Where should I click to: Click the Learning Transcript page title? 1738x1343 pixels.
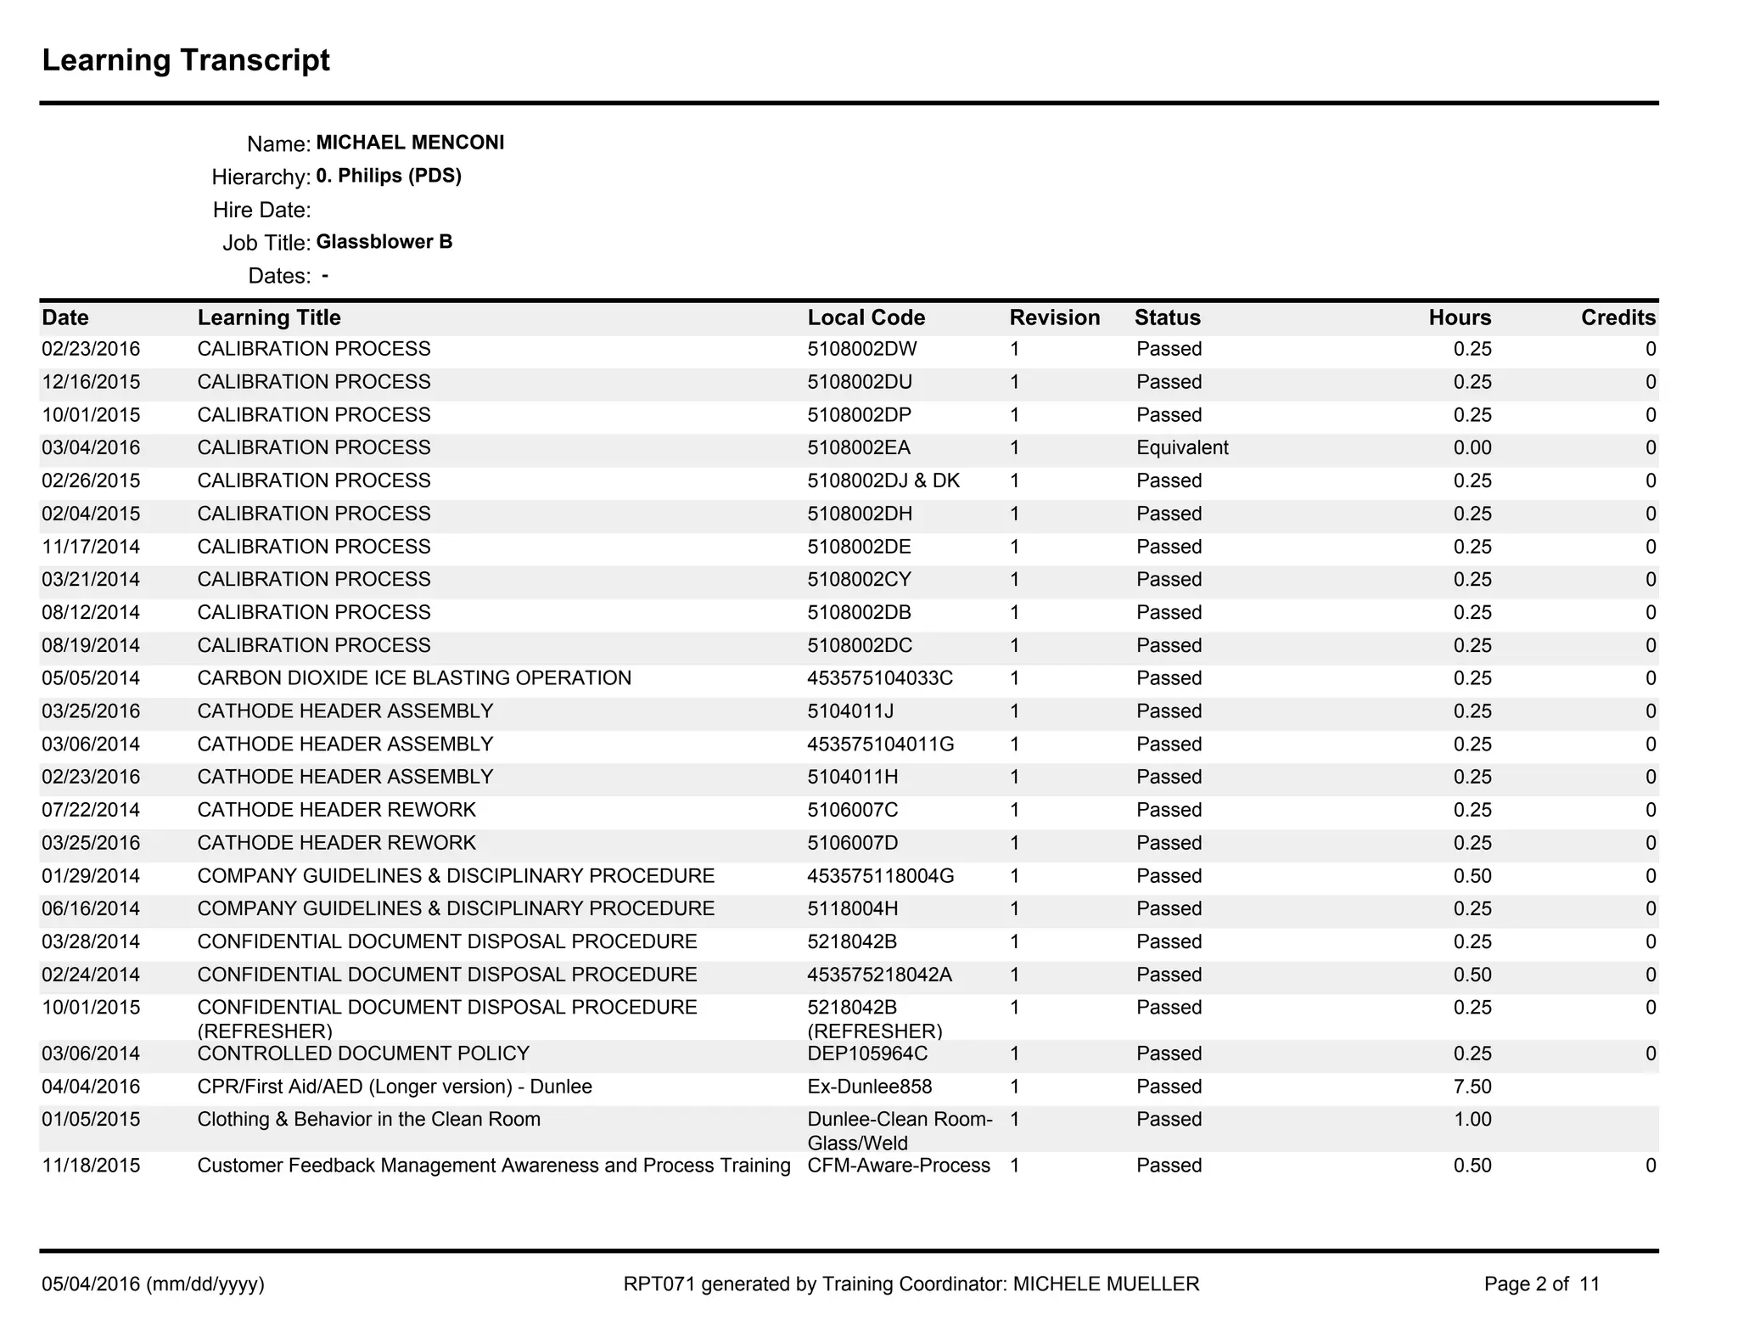(186, 60)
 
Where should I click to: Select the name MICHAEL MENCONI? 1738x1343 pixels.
(410, 143)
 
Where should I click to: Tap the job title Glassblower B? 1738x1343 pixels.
(384, 242)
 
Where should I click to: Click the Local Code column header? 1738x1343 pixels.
(866, 317)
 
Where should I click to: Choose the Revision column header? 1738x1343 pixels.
(1054, 317)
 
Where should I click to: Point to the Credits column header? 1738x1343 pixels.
(1617, 317)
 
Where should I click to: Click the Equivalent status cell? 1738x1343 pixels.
(1182, 447)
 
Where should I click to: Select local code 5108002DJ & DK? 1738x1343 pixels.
(883, 480)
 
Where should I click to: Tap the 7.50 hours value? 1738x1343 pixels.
(1472, 1087)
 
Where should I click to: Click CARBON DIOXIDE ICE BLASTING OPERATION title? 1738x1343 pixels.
(414, 678)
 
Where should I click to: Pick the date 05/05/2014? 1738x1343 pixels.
(91, 678)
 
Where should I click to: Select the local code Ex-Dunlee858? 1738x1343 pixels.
(869, 1087)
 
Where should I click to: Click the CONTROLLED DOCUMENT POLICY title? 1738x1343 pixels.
(363, 1054)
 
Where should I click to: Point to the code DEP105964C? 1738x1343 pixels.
(867, 1054)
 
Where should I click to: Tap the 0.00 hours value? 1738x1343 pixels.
(1472, 447)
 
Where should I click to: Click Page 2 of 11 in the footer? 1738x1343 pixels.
(1541, 1284)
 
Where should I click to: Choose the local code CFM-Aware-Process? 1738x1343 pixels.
(898, 1166)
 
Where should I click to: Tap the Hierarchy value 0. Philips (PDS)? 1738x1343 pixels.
(389, 176)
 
